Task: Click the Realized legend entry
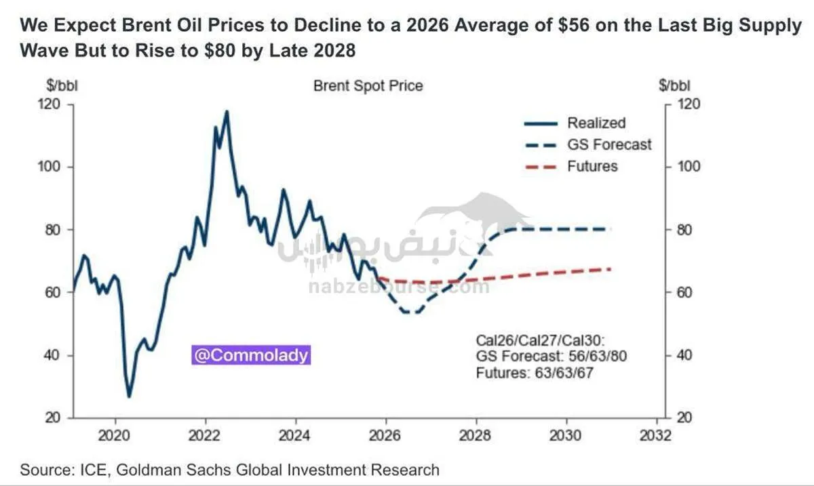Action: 596,123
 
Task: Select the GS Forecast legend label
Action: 608,144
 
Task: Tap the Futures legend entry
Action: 592,166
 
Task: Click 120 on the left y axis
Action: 51,104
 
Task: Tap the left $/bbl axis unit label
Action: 62,86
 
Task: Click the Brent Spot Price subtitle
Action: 368,86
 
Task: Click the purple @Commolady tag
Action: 251,355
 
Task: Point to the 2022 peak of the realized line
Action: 227,111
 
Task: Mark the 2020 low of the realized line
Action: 129,397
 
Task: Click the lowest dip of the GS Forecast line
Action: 411,312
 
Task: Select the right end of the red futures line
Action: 610,269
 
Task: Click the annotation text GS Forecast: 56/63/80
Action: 551,357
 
